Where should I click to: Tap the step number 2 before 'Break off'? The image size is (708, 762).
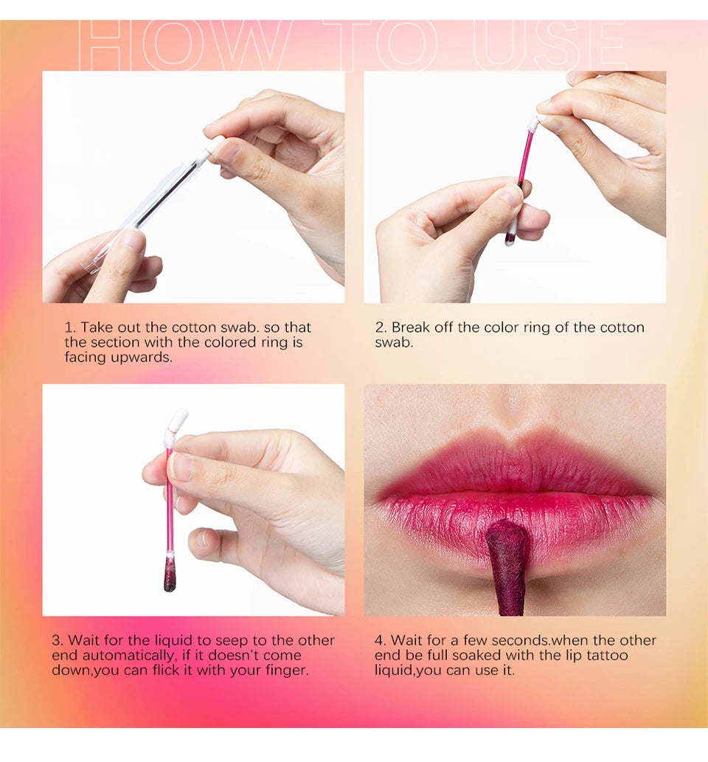pyautogui.click(x=380, y=327)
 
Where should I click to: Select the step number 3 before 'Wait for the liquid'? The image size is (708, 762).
pyautogui.click(x=57, y=640)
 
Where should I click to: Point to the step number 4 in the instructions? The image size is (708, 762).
pyautogui.click(x=380, y=640)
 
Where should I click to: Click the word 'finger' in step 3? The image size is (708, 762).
pyautogui.click(x=286, y=671)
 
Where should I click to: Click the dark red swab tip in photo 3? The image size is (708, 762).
pyautogui.click(x=170, y=575)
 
